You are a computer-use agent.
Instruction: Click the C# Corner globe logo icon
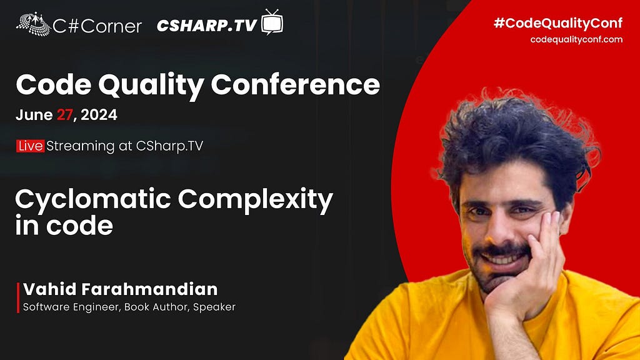34,24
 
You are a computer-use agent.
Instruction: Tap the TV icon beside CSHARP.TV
272,22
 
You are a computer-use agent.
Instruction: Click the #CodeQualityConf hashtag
558,23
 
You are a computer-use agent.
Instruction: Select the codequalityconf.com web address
576,39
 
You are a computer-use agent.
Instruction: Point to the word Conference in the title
295,84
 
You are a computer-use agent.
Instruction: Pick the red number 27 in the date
64,115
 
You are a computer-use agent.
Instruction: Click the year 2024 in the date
99,115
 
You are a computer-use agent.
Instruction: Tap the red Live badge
30,146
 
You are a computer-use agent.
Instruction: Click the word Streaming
81,146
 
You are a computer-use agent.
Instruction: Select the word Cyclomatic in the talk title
93,200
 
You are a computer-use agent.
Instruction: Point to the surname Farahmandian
150,289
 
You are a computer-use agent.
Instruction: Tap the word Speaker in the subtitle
214,307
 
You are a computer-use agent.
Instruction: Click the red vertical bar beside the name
18,297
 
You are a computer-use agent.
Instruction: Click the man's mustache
502,249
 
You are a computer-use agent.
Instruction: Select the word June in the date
34,115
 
